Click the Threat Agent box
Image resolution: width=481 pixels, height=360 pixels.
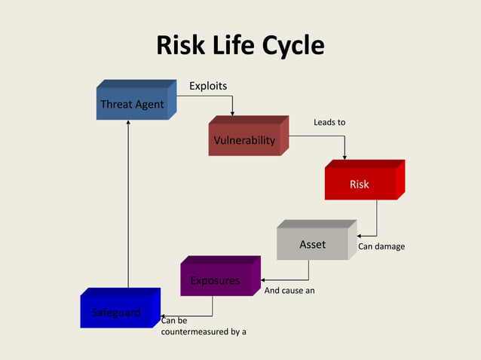(x=133, y=104)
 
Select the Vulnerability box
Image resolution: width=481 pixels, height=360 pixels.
(x=244, y=140)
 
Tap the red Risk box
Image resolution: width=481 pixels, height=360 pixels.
(x=360, y=184)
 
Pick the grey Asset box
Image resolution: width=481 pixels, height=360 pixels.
(x=313, y=244)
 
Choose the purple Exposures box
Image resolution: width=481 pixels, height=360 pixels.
(x=216, y=281)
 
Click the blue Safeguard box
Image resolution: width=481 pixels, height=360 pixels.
(x=116, y=312)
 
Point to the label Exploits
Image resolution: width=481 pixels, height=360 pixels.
(x=207, y=86)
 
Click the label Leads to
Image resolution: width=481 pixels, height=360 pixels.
(x=329, y=122)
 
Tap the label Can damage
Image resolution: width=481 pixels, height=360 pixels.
(x=381, y=246)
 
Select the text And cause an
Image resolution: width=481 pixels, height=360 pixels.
(x=290, y=289)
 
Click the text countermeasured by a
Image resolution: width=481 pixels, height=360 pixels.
(x=204, y=331)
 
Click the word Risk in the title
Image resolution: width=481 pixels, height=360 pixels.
(x=181, y=47)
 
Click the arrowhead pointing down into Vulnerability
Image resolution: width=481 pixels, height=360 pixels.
(x=232, y=113)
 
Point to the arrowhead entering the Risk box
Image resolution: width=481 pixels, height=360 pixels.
(x=345, y=157)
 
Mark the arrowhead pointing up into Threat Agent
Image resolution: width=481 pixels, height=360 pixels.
(x=128, y=123)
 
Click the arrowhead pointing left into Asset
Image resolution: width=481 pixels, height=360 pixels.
(x=360, y=236)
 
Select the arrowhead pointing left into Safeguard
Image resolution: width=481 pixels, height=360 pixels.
(x=163, y=316)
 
